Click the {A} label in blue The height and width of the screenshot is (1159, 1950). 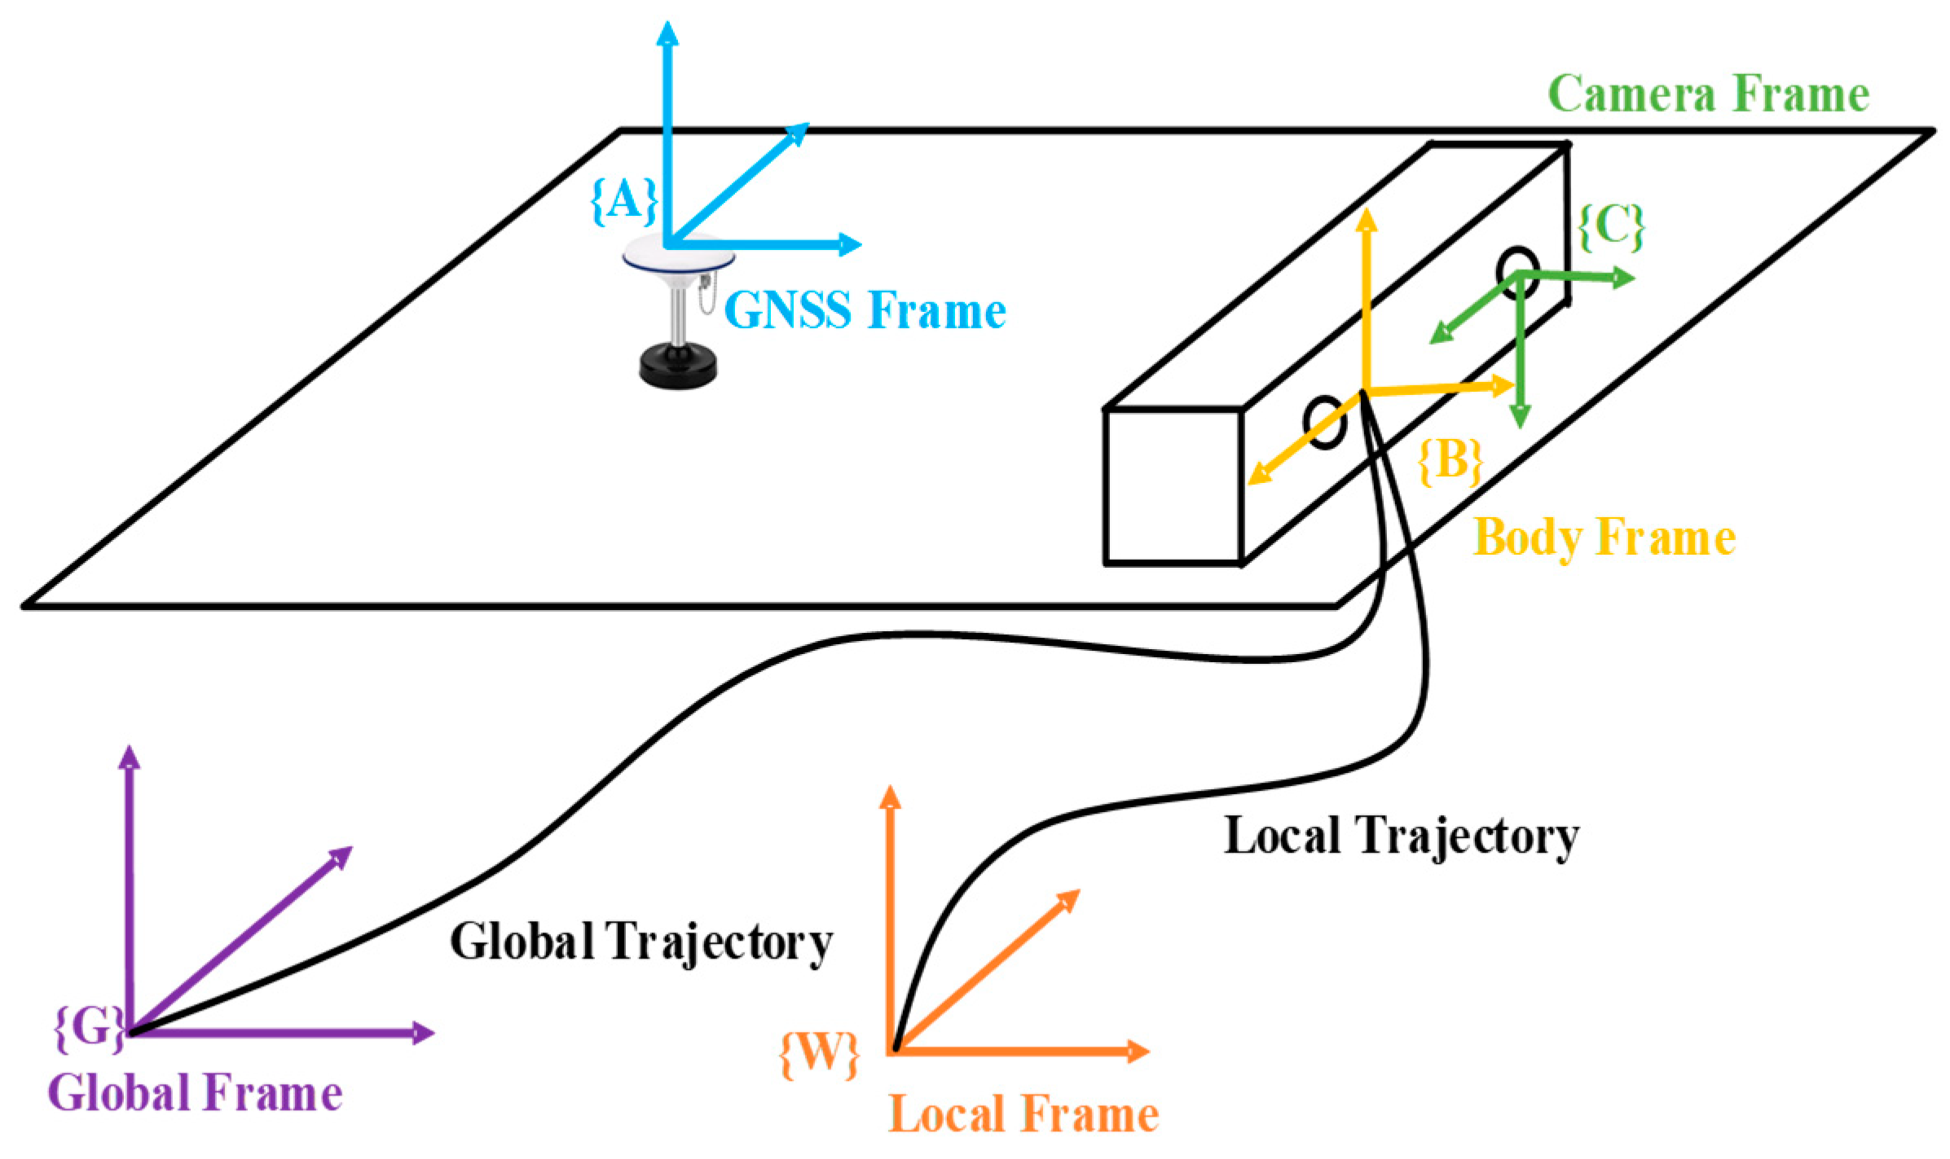(x=623, y=200)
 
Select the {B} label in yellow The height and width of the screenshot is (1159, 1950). (x=1450, y=461)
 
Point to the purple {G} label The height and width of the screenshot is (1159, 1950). (x=89, y=1028)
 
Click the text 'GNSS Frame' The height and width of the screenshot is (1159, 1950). (x=865, y=310)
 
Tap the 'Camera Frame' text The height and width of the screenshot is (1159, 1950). (x=1708, y=94)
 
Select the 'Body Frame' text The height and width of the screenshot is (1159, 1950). (x=1604, y=538)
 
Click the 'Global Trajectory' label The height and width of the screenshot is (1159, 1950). (x=640, y=942)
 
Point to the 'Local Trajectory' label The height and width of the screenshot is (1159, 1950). (x=1401, y=836)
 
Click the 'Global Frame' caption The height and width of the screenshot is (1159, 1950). (x=195, y=1093)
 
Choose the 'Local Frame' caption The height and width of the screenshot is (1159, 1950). (x=1023, y=1114)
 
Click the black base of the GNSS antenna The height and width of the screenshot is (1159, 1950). (x=678, y=367)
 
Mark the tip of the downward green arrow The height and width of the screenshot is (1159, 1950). (x=1520, y=420)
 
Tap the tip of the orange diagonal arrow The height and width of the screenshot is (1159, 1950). (x=1072, y=897)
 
